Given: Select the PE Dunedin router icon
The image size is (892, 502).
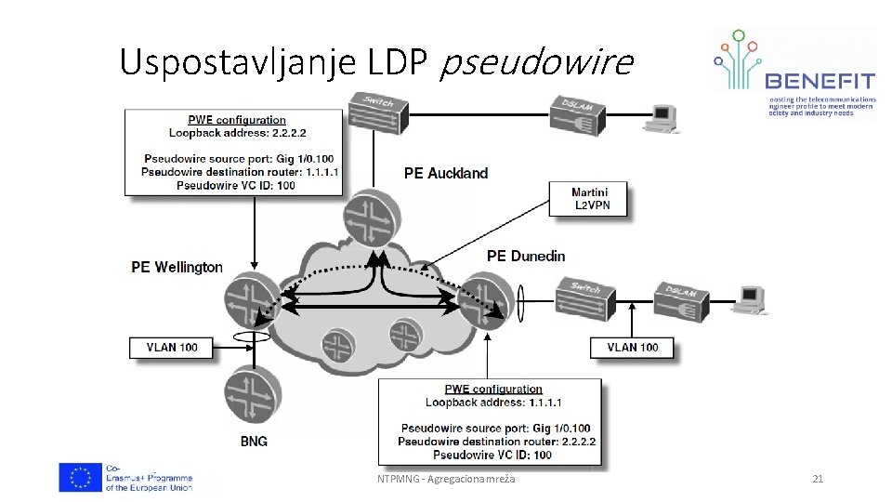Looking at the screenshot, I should click(x=486, y=296).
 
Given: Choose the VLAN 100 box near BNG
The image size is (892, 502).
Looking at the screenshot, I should click(x=172, y=347).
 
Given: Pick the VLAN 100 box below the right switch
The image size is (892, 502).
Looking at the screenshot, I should click(x=633, y=348).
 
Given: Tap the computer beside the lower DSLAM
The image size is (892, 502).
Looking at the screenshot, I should click(x=748, y=297).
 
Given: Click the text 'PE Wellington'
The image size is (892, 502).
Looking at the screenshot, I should click(x=177, y=268).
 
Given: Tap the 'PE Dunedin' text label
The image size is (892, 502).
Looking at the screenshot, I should click(x=525, y=256).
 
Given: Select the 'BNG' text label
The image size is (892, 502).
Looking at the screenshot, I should click(x=253, y=442).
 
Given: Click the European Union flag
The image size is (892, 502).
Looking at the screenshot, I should click(x=80, y=477).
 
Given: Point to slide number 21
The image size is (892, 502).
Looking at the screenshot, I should click(x=818, y=479).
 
